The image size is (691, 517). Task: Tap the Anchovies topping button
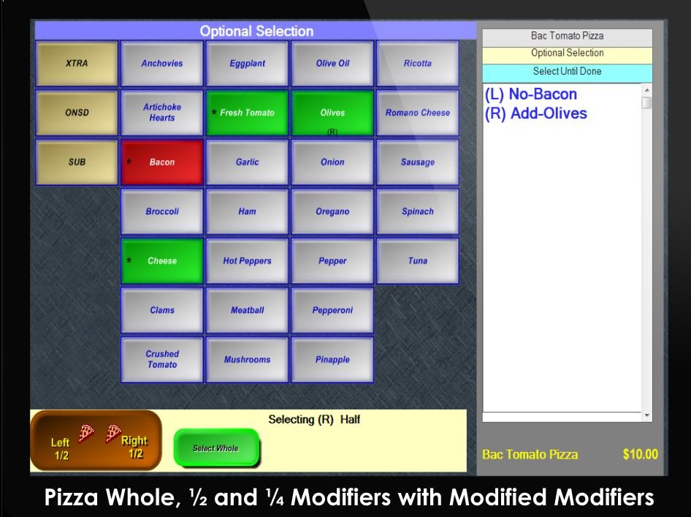161,63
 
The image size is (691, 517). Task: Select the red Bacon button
161,162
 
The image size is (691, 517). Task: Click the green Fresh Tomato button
247,113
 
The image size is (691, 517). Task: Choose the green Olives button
332,113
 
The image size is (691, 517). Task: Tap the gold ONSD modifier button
77,113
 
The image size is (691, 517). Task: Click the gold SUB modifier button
77,162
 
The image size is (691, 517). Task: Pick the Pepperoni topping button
332,310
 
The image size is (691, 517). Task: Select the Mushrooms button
247,360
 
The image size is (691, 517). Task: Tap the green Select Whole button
216,448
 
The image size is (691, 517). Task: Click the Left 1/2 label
60,448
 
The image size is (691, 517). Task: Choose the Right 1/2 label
134,447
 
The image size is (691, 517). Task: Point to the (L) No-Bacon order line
530,94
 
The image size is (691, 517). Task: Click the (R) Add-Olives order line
536,113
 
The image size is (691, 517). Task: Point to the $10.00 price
641,454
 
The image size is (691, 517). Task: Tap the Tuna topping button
417,261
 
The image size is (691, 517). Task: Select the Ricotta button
417,63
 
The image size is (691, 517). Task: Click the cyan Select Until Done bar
567,72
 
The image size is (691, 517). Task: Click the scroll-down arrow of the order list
646,415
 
